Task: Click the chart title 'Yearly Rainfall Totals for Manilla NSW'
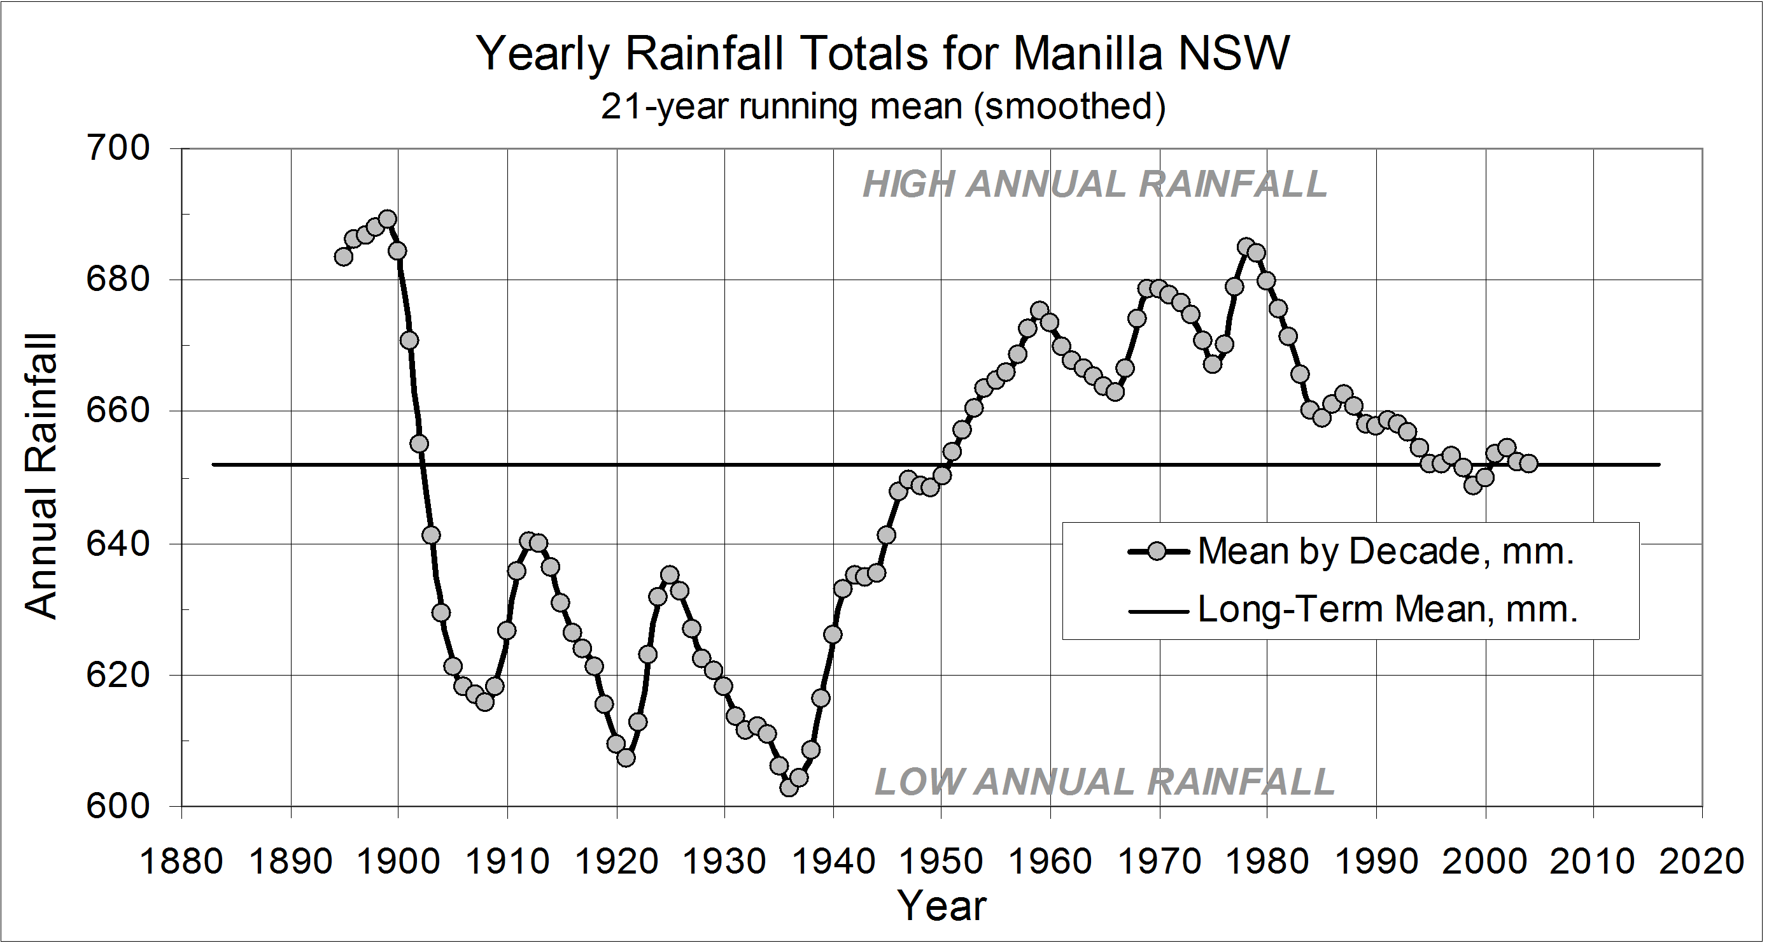(883, 53)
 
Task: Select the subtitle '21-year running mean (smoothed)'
(883, 107)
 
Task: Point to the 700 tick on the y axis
(117, 148)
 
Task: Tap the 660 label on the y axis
(117, 411)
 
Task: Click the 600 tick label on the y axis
(117, 806)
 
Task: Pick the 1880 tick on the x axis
(181, 861)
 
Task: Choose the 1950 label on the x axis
(941, 861)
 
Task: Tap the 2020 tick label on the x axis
(1702, 861)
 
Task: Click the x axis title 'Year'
(941, 905)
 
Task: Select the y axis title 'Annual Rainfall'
(41, 477)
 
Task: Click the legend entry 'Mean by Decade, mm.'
(1386, 551)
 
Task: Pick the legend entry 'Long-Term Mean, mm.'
(1387, 609)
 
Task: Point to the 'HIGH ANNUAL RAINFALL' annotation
(1095, 184)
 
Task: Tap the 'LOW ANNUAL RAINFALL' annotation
(1104, 782)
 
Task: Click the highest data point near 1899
(387, 219)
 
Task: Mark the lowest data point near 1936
(789, 787)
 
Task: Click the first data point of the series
(343, 257)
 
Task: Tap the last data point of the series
(1528, 464)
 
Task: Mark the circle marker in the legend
(1158, 551)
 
